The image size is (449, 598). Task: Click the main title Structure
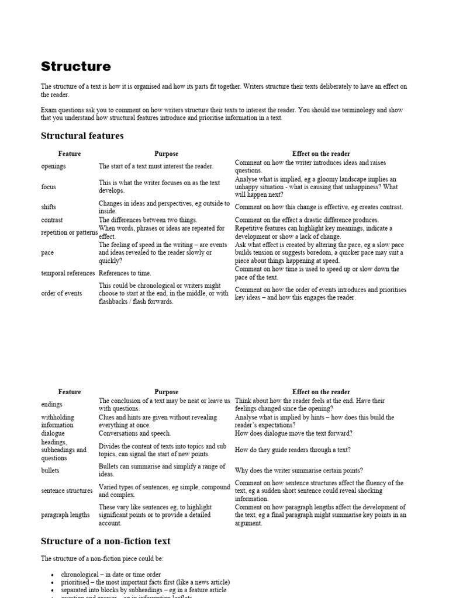75,67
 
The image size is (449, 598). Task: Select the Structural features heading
82,136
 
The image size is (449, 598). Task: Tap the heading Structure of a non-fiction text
105,541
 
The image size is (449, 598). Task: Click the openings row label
53,166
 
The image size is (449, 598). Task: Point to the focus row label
49,187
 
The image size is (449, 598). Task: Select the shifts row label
49,207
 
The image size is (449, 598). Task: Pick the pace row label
47,253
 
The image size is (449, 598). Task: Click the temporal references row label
67,273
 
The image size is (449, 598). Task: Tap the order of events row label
61,294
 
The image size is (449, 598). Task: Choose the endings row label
51,405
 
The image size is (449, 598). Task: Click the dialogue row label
53,434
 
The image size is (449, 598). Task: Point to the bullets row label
50,471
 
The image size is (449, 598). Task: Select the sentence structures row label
67,491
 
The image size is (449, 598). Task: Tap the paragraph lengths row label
65,516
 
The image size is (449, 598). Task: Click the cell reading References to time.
125,273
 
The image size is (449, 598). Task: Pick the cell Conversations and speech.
134,434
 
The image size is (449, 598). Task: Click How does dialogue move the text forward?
293,434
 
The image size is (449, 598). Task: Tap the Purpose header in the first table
166,154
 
